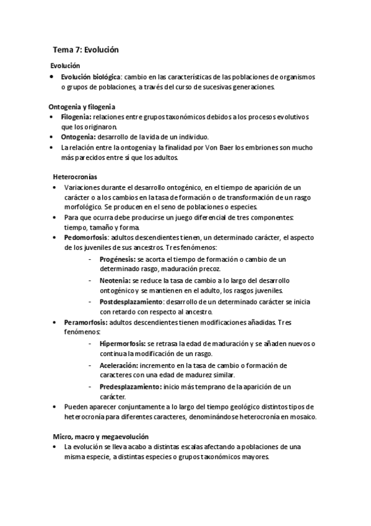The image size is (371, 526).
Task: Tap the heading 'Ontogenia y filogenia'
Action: coord(82,107)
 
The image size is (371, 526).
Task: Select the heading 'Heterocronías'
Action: coord(75,177)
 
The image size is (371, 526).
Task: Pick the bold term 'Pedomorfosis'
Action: coord(85,238)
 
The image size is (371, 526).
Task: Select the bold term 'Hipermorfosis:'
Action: coord(122,343)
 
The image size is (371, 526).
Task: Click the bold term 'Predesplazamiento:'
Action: coord(130,386)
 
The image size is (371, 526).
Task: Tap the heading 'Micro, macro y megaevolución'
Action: coord(98,437)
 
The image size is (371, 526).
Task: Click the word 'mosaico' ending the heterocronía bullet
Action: coord(302,417)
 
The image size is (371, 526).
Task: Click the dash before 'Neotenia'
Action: coord(90,280)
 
